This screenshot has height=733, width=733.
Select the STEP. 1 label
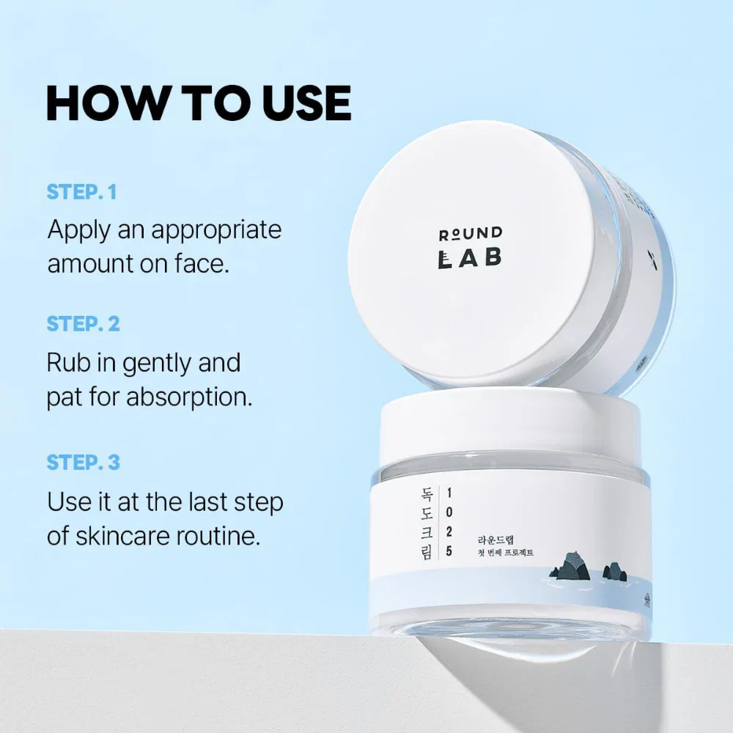click(x=82, y=192)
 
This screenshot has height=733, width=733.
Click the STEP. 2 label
click(x=83, y=323)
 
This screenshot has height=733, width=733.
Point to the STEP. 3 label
click(x=83, y=463)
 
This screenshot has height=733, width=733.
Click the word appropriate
click(x=216, y=229)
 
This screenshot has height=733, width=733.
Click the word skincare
click(x=120, y=536)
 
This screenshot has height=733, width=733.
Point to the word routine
click(x=219, y=536)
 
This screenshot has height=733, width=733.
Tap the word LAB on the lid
click(x=470, y=259)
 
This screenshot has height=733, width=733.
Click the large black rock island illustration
click(x=568, y=567)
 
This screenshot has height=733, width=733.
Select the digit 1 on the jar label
click(x=449, y=493)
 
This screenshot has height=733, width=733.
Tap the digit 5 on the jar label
click(x=449, y=552)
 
